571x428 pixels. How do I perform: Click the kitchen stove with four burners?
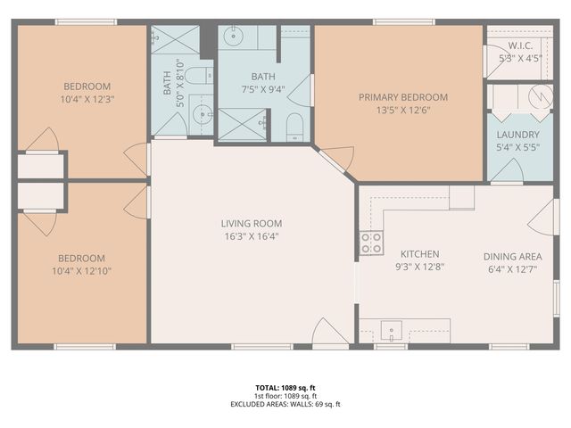coord(371,242)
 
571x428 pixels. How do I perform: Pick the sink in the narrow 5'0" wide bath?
coord(202,113)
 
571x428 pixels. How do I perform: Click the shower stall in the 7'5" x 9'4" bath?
coord(241,124)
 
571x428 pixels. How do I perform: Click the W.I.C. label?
coord(520,45)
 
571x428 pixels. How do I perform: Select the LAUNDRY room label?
coord(517,135)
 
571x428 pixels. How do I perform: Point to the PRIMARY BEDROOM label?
coord(402,97)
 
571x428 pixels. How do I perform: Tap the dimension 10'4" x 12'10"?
coord(83,270)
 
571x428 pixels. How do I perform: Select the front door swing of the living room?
coord(328,333)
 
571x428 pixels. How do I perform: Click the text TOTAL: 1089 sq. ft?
coord(285,388)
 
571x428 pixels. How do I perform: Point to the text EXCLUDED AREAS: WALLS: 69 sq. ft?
coord(285,404)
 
